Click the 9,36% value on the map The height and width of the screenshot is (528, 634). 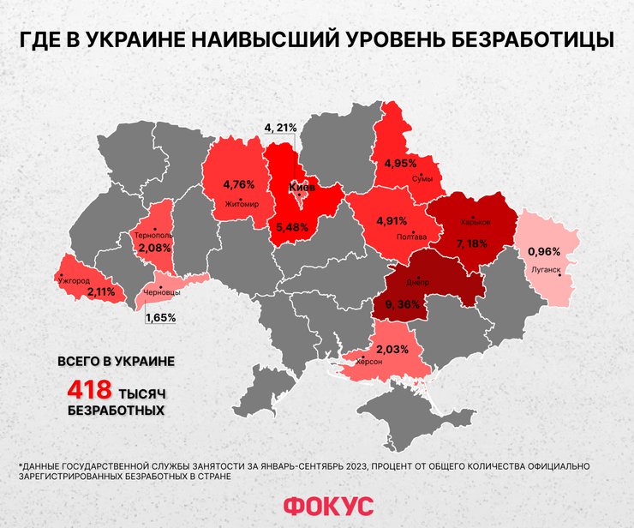[x=398, y=303]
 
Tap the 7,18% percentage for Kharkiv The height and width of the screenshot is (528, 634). [x=472, y=244]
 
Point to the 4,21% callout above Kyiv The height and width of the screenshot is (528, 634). [x=280, y=128]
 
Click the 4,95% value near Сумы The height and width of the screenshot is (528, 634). [x=400, y=163]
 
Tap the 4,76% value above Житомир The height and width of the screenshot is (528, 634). [x=239, y=184]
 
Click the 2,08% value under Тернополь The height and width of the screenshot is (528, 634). [x=155, y=248]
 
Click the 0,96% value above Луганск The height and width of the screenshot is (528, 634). [x=543, y=252]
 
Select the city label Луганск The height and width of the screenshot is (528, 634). [x=546, y=268]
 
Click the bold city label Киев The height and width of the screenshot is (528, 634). [x=302, y=187]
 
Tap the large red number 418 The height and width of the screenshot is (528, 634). [x=89, y=390]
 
